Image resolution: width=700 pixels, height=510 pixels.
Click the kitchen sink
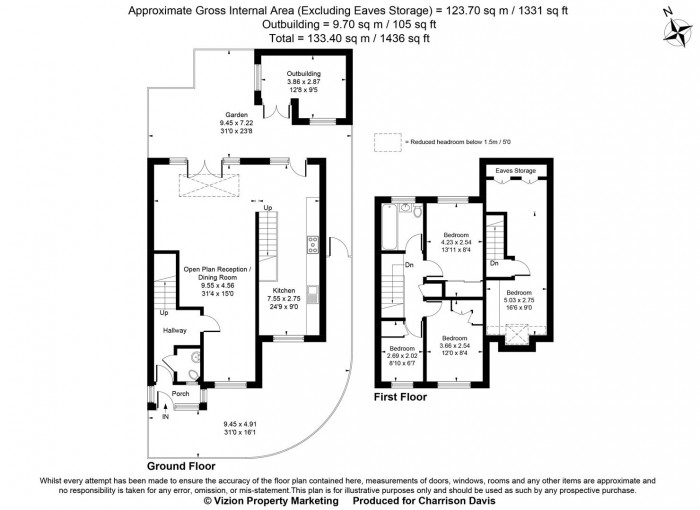pyautogui.click(x=314, y=293)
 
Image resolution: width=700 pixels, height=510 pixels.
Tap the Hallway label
pyautogui.click(x=176, y=330)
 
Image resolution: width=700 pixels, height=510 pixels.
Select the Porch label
pyautogui.click(x=181, y=394)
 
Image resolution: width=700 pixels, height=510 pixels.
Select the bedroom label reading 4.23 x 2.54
pyautogui.click(x=455, y=241)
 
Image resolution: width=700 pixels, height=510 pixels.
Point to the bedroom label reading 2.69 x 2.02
pyautogui.click(x=403, y=354)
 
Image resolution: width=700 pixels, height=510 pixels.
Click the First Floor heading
pyautogui.click(x=399, y=397)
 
